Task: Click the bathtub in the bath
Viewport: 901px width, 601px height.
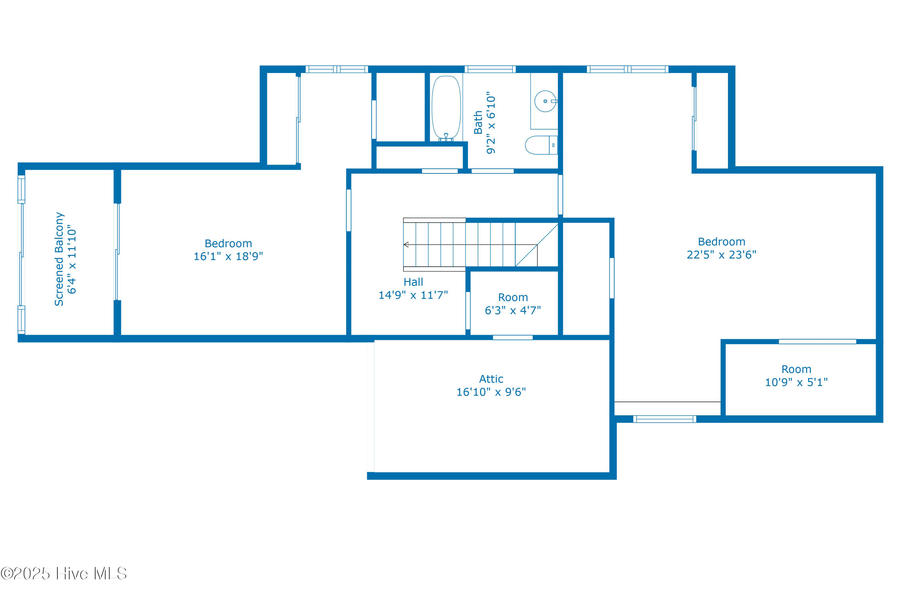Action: [446, 107]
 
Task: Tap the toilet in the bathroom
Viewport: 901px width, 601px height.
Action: [541, 145]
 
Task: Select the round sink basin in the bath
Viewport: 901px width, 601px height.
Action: [545, 101]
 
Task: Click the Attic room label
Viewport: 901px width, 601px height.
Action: [491, 379]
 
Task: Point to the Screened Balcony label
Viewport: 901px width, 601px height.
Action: [59, 259]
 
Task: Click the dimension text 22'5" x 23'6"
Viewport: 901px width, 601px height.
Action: [721, 255]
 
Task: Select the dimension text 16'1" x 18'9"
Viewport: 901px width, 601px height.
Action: [228, 256]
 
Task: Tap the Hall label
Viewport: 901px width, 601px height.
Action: [413, 282]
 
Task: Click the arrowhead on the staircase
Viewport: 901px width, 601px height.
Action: [406, 245]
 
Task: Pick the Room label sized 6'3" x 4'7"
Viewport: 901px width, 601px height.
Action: [513, 297]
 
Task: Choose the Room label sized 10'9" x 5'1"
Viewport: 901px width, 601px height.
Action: [796, 369]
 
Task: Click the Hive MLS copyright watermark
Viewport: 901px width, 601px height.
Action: [64, 574]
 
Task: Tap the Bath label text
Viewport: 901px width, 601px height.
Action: [478, 123]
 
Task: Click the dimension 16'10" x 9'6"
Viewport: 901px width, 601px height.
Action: [491, 392]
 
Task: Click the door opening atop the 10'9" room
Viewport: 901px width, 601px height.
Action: [818, 341]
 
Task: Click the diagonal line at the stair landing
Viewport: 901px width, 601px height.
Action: [537, 245]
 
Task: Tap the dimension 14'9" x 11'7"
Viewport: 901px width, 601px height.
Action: [413, 295]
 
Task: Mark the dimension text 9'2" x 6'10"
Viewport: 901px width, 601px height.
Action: [491, 123]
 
